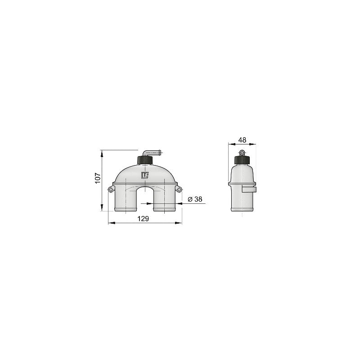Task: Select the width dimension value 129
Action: click(144, 218)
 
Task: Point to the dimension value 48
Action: click(242, 140)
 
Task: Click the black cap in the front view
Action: click(145, 159)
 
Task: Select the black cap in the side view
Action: click(242, 160)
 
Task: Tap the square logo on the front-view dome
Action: click(145, 175)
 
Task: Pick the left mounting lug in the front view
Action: click(110, 189)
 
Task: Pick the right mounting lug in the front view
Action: click(180, 189)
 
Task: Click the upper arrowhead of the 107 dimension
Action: click(103, 153)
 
